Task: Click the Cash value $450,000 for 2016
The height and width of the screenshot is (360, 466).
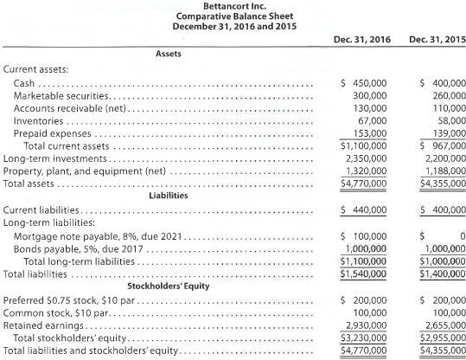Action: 363,82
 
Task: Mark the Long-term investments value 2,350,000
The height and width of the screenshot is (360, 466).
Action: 363,160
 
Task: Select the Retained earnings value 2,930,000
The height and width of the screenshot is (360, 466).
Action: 363,328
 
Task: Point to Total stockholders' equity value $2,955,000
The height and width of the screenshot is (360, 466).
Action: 436,340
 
